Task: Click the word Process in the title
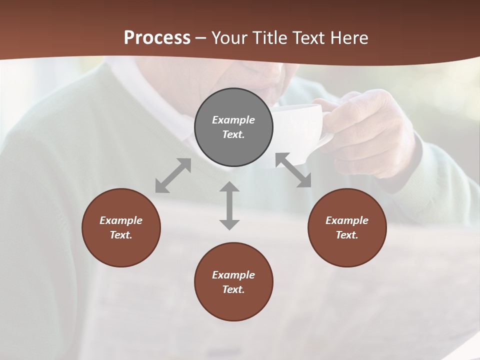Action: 157,38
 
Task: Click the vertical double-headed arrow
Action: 229,205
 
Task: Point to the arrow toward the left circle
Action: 173,175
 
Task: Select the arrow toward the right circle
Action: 293,170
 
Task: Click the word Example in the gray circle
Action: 233,120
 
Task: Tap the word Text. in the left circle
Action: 121,235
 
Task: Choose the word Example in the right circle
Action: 347,220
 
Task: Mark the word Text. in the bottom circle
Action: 233,289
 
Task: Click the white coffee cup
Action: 300,130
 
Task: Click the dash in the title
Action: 200,38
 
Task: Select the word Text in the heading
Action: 309,38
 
